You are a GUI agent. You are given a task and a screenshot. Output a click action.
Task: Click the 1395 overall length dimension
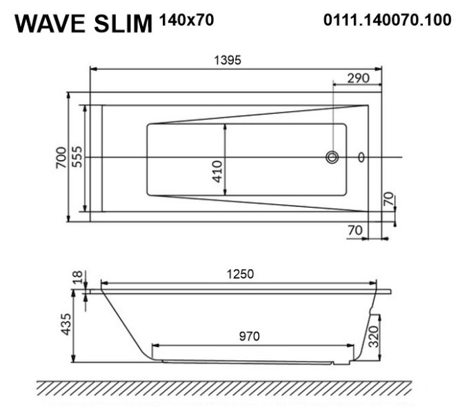(228, 61)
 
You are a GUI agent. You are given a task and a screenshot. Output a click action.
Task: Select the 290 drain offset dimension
(359, 79)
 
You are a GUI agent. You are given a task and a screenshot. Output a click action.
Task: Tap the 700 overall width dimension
(61, 157)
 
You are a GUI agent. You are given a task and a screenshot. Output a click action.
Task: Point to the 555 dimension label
(77, 157)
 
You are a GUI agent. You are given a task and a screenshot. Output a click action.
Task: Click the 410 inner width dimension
(217, 171)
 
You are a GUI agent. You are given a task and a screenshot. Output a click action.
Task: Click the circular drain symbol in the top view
(332, 157)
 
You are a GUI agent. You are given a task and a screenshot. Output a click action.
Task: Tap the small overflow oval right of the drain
(361, 157)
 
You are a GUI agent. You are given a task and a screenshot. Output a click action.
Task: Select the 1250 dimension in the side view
(240, 274)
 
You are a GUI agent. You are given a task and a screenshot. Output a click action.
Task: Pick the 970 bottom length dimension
(250, 337)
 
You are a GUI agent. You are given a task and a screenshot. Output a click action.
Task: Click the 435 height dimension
(66, 324)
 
